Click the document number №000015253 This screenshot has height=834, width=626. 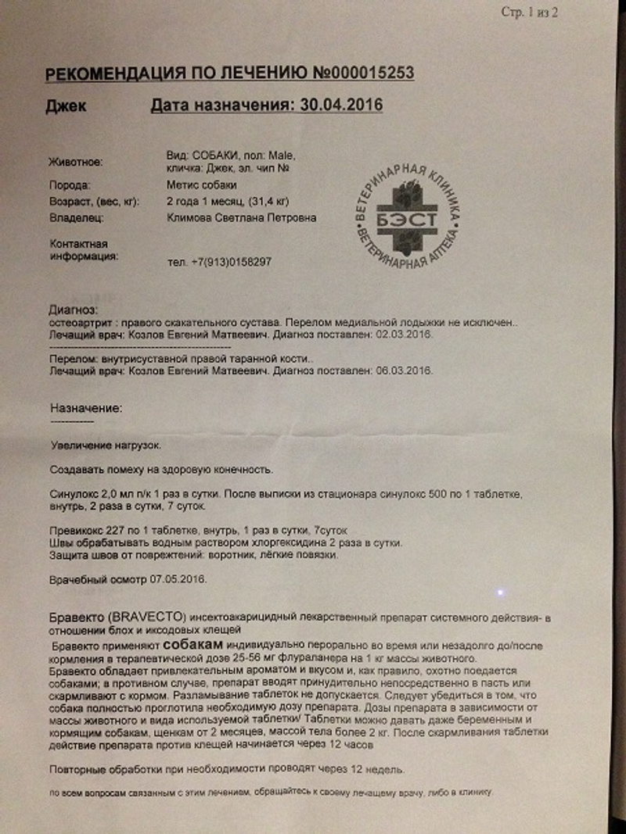click(364, 74)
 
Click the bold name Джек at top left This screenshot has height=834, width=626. click(67, 106)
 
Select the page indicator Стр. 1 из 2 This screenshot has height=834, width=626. click(529, 13)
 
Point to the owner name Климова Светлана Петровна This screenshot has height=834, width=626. click(242, 218)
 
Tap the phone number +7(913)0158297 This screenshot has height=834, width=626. click(231, 262)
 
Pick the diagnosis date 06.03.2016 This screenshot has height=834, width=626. click(405, 370)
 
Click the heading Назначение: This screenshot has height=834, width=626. click(86, 408)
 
